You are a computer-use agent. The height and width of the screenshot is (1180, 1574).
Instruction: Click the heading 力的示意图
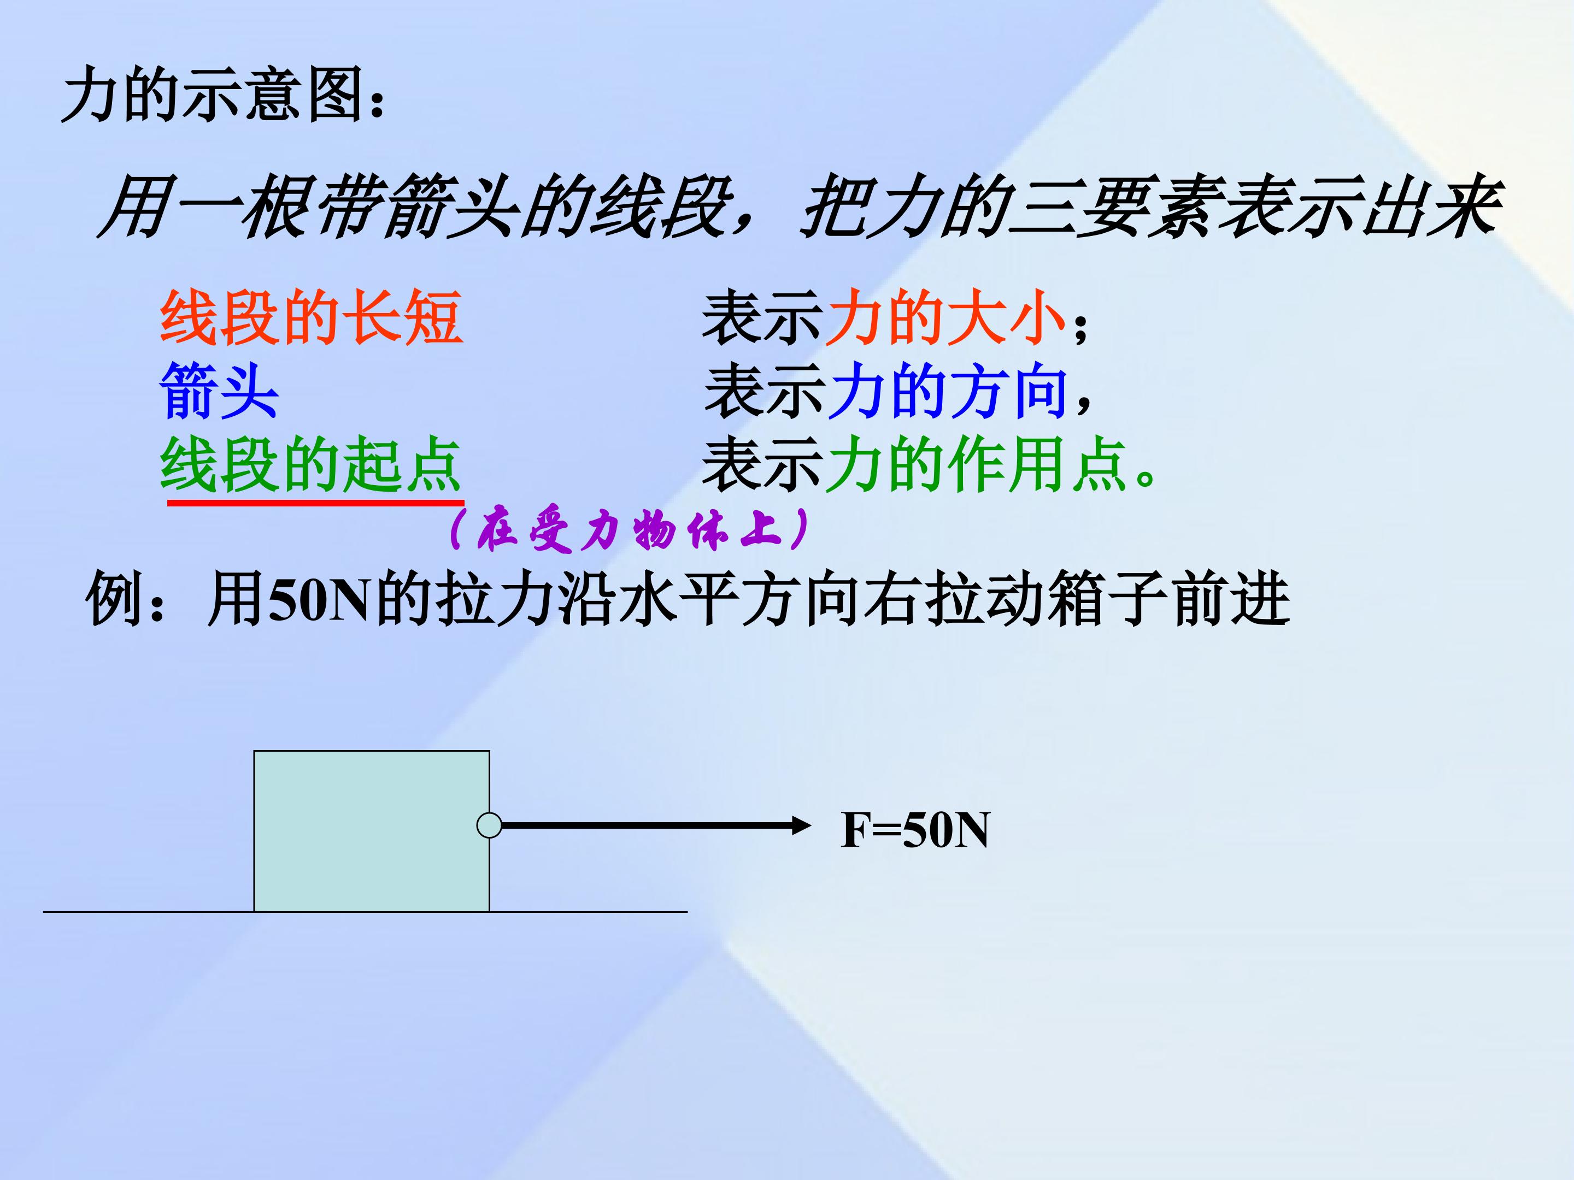point(222,95)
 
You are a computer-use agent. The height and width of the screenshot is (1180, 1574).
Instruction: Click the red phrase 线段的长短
point(311,318)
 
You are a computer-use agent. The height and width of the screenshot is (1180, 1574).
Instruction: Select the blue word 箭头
point(219,391)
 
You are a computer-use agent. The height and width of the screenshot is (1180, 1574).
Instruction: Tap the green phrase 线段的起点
point(311,465)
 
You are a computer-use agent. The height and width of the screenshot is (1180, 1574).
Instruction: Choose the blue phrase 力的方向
point(947,391)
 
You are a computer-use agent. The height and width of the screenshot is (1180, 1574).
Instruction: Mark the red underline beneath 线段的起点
point(315,502)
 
